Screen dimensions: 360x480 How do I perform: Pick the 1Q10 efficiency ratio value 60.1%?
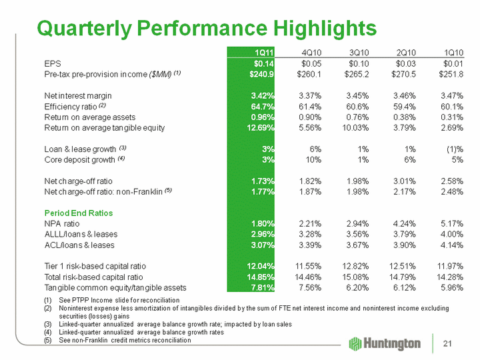(452, 106)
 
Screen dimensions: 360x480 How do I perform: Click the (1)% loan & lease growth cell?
(454, 149)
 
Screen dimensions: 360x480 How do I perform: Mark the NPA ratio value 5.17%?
(451, 223)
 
